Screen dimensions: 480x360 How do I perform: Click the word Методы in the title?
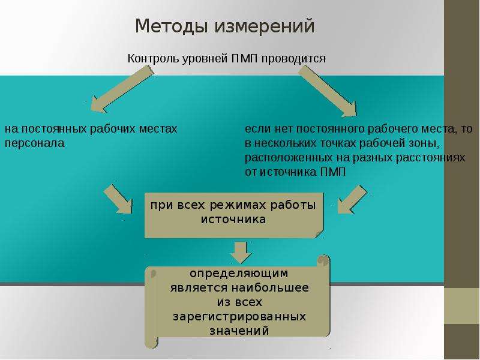172,26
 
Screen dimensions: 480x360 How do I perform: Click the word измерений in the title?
265,26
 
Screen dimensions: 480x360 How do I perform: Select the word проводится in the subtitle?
293,59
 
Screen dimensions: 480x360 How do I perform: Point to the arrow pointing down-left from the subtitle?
122,89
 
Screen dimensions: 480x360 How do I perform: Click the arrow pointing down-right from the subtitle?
328,91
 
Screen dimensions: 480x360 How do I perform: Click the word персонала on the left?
35,143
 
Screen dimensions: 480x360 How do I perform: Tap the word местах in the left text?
158,129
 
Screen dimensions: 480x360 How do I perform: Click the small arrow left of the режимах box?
118,199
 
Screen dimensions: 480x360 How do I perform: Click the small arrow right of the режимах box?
352,199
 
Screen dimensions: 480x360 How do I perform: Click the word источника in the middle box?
233,220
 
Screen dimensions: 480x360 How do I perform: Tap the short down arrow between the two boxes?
241,253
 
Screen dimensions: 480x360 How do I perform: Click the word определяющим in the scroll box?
239,274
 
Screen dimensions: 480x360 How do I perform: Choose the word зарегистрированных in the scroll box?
239,317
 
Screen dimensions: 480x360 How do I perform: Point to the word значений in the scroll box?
239,331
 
